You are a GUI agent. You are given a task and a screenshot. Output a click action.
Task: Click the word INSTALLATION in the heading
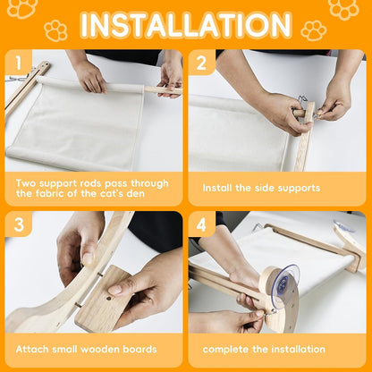click(x=186, y=25)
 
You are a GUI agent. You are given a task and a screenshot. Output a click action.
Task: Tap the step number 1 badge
click(x=19, y=63)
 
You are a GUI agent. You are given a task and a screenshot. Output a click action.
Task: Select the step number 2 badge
click(x=202, y=63)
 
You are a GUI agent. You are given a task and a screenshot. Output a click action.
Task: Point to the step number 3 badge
click(x=19, y=224)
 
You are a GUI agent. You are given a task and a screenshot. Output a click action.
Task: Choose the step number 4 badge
click(x=202, y=224)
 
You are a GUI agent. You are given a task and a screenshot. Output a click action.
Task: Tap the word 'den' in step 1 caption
click(x=136, y=194)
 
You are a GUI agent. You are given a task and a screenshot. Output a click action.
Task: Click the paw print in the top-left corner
click(x=22, y=8)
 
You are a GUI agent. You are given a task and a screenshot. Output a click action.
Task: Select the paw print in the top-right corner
click(x=343, y=9)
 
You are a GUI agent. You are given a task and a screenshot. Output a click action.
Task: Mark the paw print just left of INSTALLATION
click(x=55, y=30)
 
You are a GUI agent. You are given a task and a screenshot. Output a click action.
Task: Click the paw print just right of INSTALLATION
click(x=314, y=30)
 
